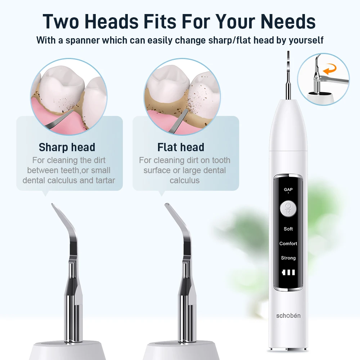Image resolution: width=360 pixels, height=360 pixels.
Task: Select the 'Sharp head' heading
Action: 67,147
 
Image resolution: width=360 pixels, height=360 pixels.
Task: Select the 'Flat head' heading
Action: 181,147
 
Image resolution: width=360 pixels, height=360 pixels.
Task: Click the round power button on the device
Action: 288,208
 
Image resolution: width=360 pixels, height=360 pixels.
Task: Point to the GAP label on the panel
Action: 288,190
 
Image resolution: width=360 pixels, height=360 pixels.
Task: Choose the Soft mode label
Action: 288,229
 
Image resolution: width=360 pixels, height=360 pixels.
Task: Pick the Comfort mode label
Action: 288,244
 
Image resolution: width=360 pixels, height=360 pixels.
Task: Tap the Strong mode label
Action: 288,258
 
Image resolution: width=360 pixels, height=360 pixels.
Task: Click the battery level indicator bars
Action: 288,273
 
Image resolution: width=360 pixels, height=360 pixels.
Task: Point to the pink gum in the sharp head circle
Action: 47,112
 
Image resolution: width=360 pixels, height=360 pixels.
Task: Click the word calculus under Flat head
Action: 184,180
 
